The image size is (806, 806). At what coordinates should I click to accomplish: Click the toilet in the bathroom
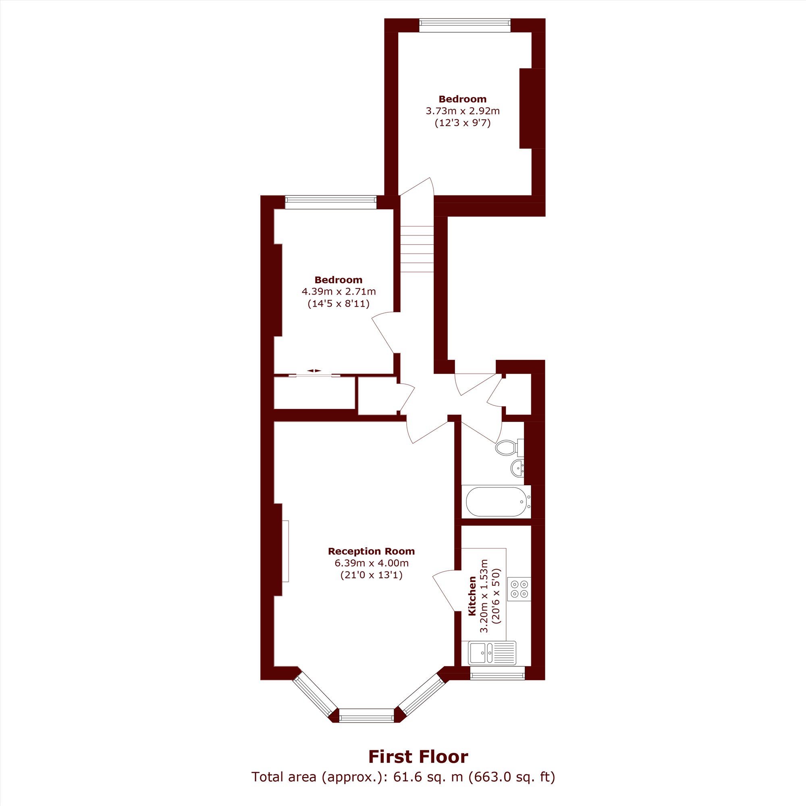tap(509, 448)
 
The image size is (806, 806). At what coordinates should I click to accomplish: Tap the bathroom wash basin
tap(517, 469)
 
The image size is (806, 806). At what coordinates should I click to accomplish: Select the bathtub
tap(496, 502)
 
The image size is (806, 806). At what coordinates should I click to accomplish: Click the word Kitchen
tap(472, 596)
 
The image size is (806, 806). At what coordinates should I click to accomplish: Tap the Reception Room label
tap(371, 551)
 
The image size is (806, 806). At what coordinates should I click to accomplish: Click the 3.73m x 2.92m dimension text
tap(463, 111)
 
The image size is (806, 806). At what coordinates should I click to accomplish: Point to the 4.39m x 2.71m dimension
tap(339, 291)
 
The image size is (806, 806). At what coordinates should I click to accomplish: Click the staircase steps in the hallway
tap(417, 249)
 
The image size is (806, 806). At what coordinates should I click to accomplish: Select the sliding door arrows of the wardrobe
tap(314, 370)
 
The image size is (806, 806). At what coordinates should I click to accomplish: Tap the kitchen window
tap(497, 673)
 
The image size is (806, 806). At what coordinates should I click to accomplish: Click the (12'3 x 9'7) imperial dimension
tap(463, 123)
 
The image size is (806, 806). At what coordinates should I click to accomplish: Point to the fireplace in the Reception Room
tap(285, 550)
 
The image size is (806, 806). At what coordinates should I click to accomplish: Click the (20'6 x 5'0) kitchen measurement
tap(496, 596)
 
